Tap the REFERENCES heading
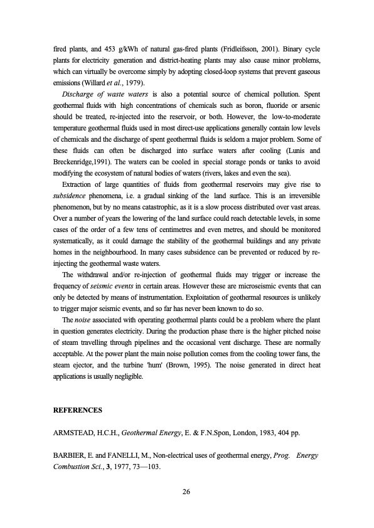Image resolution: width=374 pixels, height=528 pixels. click(x=78, y=410)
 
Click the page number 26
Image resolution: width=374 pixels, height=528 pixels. click(x=186, y=490)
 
